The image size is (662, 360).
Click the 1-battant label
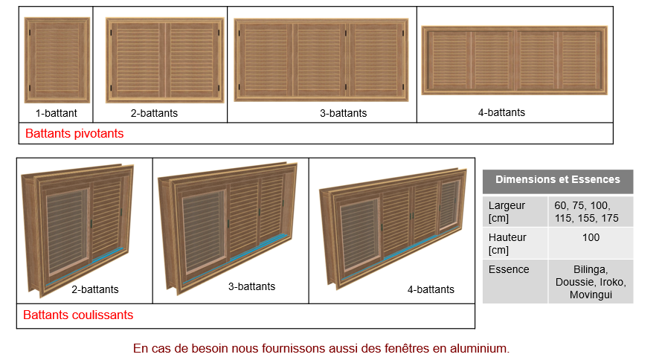[56, 113]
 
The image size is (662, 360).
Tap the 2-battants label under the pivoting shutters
[154, 113]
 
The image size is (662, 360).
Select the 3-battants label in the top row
[343, 113]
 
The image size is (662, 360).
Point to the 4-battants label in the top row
[501, 112]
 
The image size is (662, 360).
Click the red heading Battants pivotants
[74, 133]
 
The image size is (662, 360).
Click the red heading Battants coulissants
[78, 315]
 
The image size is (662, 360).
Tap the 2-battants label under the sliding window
[95, 289]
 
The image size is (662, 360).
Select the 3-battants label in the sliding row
[251, 286]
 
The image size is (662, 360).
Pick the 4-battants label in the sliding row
[431, 289]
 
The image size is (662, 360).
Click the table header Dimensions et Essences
[558, 179]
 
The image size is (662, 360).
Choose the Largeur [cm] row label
[507, 212]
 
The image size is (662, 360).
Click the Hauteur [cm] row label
[507, 244]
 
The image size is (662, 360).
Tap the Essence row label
[509, 269]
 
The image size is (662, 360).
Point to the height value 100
[591, 237]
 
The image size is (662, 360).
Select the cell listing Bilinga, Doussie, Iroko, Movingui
[591, 282]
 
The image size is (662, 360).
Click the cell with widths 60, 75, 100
[586, 212]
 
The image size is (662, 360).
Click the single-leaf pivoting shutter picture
[57, 60]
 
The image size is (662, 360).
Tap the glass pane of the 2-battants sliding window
[67, 231]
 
